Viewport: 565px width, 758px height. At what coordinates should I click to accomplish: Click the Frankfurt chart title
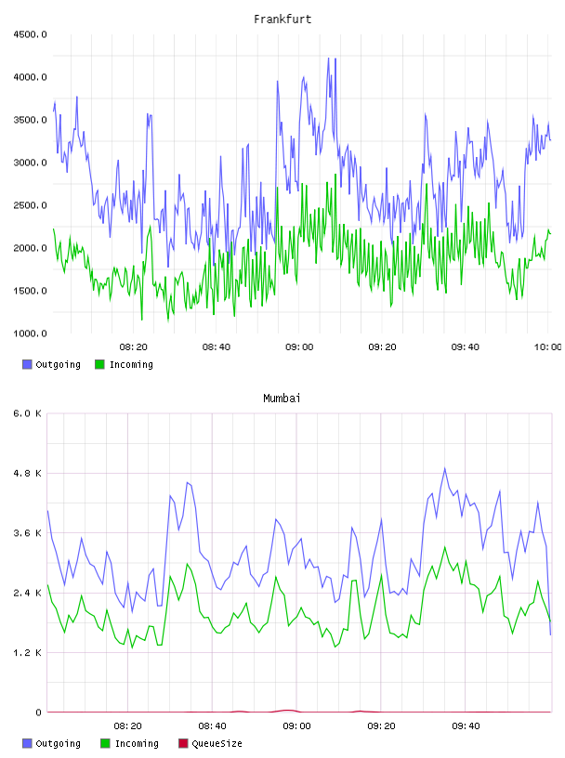pos(282,20)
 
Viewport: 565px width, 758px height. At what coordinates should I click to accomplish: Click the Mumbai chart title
pos(282,399)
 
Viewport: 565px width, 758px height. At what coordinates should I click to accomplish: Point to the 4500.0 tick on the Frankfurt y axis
pos(30,34)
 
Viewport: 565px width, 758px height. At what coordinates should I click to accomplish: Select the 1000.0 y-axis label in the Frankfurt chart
pos(30,333)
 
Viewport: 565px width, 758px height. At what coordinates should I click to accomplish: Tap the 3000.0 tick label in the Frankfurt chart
pos(30,163)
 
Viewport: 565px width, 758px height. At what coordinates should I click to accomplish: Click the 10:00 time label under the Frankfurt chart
pos(548,347)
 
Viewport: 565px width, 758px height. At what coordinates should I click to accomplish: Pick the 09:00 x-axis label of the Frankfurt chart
pos(299,347)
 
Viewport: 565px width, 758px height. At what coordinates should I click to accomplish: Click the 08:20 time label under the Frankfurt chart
pos(134,347)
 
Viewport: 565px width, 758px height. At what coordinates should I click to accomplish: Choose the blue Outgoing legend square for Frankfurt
pos(27,364)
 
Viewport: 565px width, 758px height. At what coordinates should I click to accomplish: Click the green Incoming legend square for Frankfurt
pos(99,364)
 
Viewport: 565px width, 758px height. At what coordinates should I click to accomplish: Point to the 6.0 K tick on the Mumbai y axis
pos(27,413)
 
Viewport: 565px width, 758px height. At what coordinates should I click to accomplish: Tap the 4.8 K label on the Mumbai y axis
pos(27,473)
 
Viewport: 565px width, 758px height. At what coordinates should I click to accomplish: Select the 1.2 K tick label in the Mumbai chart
pos(27,653)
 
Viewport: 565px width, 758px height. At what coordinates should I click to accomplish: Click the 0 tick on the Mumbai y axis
pos(38,712)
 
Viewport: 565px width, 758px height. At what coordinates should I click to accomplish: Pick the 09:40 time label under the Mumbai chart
pos(466,726)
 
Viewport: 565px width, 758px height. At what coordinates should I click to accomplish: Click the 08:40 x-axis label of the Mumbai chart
pos(212,726)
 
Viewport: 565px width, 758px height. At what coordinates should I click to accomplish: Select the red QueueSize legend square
pos(183,743)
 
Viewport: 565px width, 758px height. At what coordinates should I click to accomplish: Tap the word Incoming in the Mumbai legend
pos(137,743)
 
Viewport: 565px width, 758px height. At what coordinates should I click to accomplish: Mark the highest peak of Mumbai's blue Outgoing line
pos(445,468)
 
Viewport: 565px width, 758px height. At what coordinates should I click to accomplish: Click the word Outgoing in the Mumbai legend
pos(58,743)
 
